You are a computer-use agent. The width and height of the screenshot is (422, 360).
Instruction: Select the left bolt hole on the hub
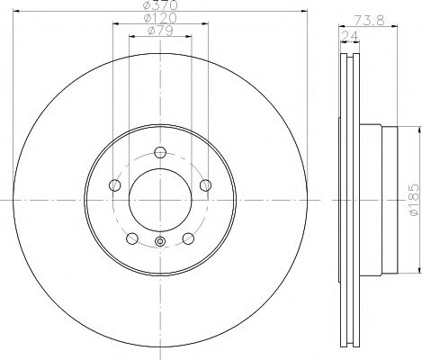click(114, 185)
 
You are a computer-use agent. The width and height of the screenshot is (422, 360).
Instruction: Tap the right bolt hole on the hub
click(205, 185)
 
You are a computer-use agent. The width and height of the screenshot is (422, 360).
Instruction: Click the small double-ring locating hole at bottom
click(160, 240)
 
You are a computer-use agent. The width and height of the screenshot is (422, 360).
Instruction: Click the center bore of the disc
click(160, 199)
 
